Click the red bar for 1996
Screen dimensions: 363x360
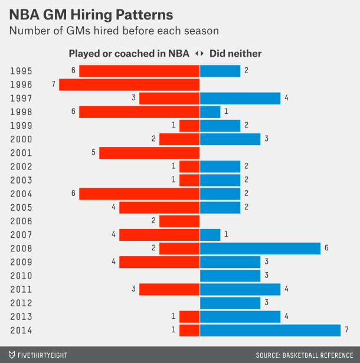(129, 84)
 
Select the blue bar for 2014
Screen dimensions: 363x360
(270, 330)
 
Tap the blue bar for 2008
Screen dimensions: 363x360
(260, 248)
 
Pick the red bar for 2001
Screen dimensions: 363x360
(149, 153)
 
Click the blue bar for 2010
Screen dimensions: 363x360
(230, 276)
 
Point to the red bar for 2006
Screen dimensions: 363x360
(179, 221)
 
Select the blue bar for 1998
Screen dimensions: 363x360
(210, 112)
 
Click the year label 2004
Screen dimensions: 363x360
(21, 194)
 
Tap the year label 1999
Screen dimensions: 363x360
(21, 126)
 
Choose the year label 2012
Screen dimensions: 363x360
(21, 303)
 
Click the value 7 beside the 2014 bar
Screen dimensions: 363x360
(346, 330)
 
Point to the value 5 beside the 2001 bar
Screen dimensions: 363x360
(93, 153)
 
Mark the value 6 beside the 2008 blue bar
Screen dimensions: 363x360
(326, 248)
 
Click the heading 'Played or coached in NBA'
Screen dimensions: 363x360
(129, 54)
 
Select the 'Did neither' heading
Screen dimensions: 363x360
(235, 54)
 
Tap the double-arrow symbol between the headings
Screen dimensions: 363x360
(199, 54)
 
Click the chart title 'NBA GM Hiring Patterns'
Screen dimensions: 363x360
(91, 14)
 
